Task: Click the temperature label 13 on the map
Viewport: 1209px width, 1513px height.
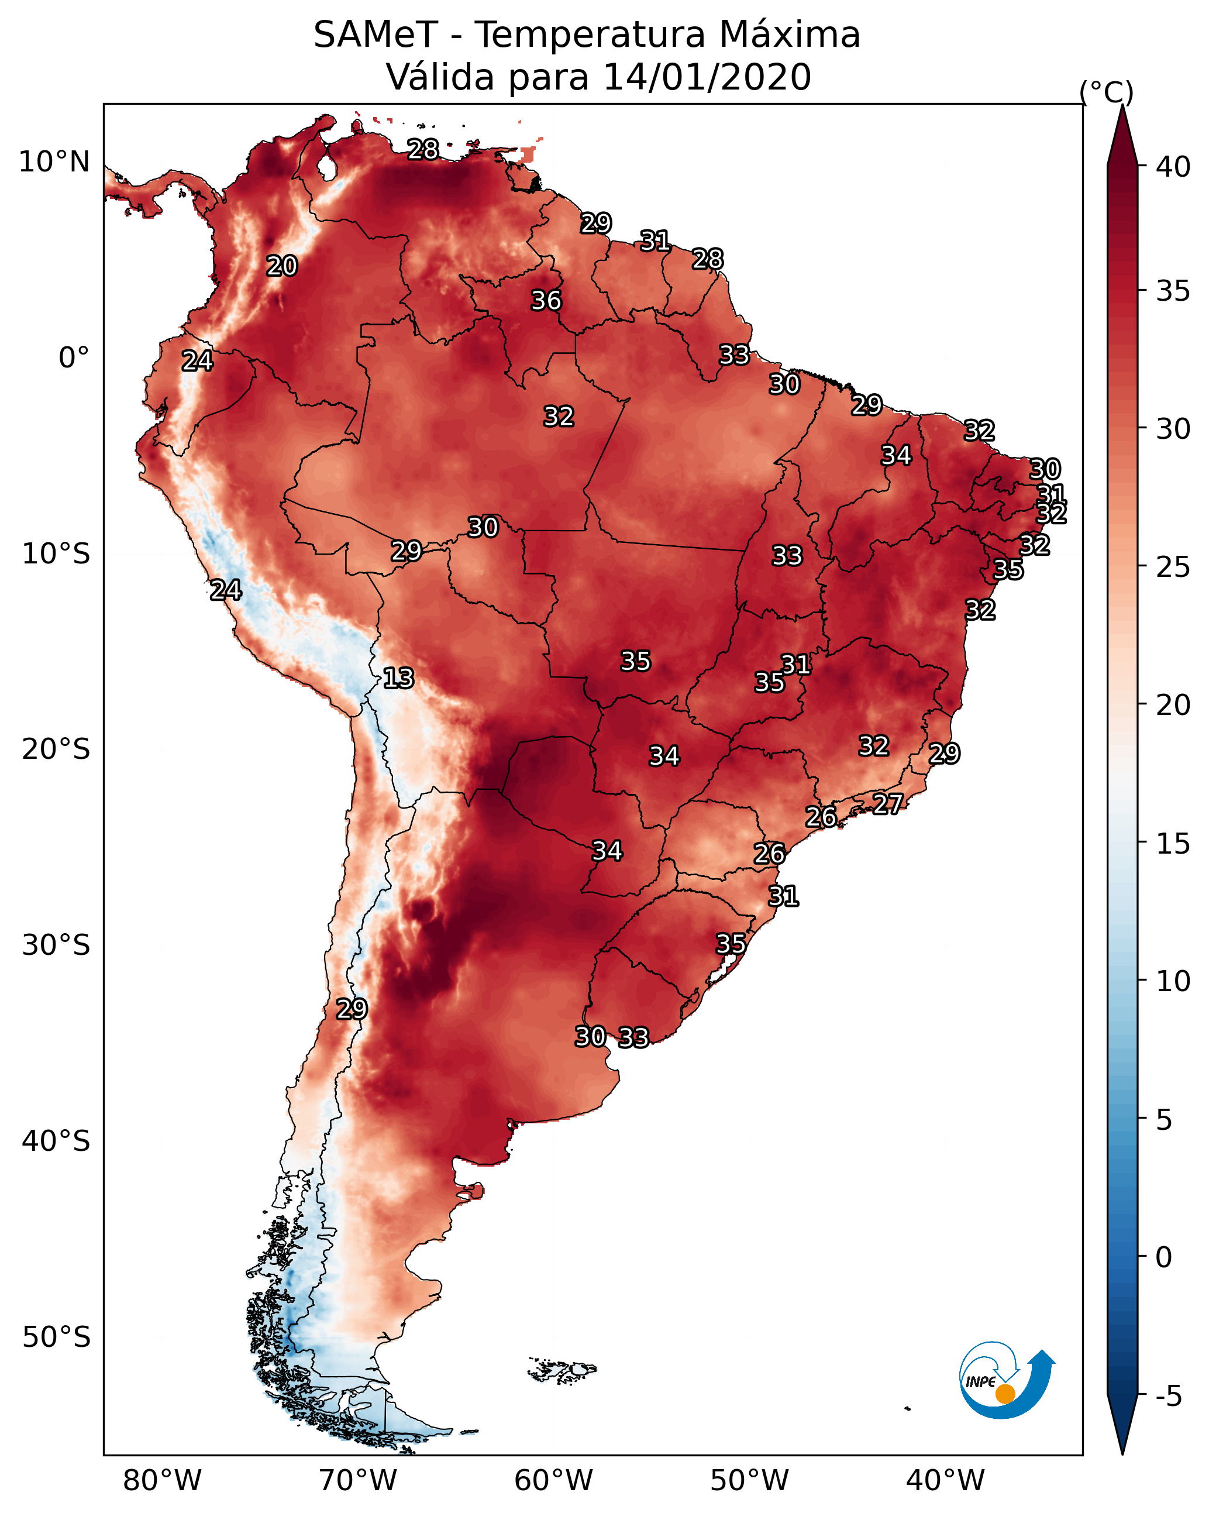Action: point(398,678)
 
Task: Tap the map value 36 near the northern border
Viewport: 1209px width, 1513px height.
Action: point(546,300)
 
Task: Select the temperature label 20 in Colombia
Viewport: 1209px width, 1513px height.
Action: point(282,266)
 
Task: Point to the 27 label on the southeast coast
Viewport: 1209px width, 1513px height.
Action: point(888,803)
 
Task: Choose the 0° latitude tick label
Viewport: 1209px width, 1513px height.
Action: point(74,358)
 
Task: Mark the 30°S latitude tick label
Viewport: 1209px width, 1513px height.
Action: point(56,945)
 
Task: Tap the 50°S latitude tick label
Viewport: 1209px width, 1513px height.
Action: point(56,1337)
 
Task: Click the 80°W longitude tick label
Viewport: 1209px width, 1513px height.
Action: point(162,1481)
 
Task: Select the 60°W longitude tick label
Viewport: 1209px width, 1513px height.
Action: point(554,1481)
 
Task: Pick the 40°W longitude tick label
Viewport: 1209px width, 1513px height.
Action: point(945,1481)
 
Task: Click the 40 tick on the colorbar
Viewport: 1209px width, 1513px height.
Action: point(1173,167)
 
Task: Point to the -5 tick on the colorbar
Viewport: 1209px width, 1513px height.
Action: point(1168,1397)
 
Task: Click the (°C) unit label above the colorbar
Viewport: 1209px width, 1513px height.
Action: point(1106,92)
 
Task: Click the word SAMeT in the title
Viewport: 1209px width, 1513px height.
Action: point(376,35)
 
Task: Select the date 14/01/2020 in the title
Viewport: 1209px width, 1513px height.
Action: point(707,77)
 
